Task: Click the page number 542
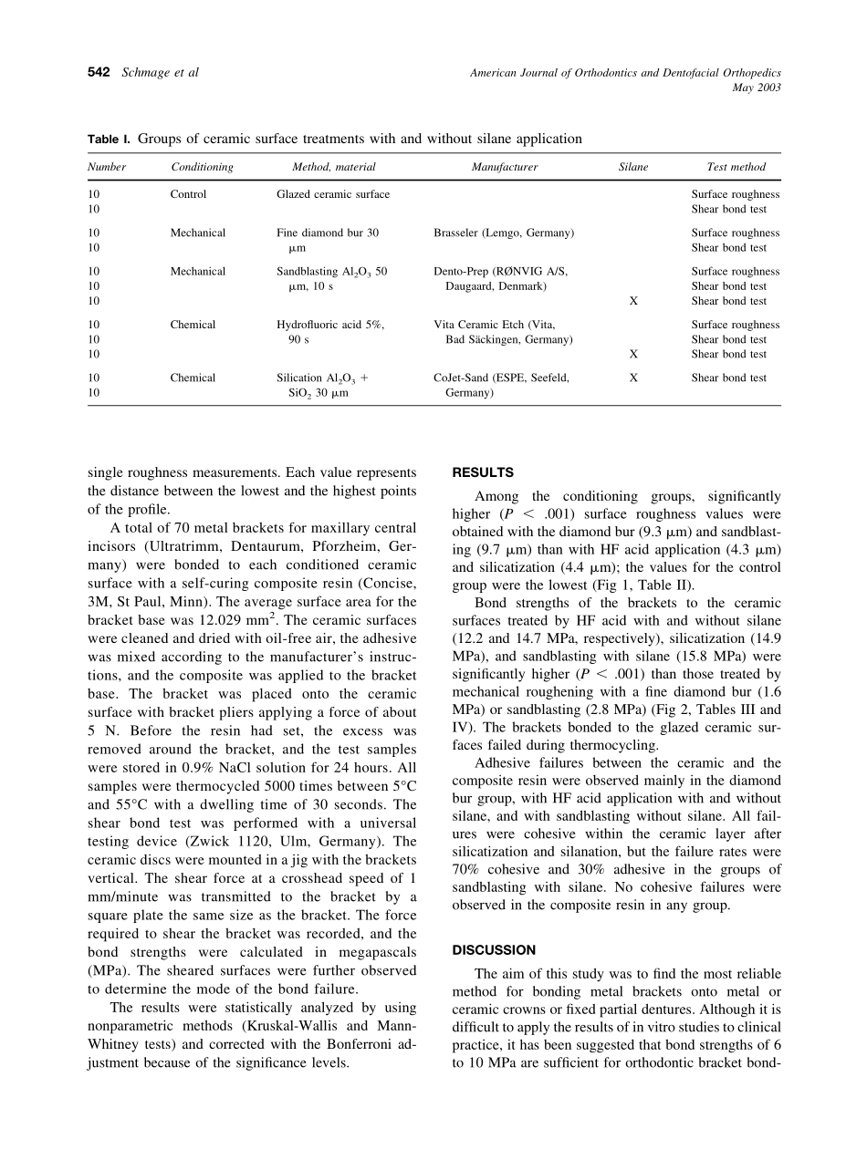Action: coord(99,73)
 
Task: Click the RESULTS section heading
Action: coord(483,472)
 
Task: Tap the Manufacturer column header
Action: coord(505,167)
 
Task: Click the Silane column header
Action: coord(633,167)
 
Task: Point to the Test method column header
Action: coord(736,167)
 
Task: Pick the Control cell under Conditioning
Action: coord(189,194)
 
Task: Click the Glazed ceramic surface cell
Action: coord(333,194)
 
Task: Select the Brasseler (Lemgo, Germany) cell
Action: coord(504,233)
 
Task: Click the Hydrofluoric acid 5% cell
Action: coord(330,325)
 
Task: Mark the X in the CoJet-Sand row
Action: coord(633,378)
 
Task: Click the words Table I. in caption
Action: coord(109,140)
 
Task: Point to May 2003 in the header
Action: coord(757,88)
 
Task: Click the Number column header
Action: coord(107,167)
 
